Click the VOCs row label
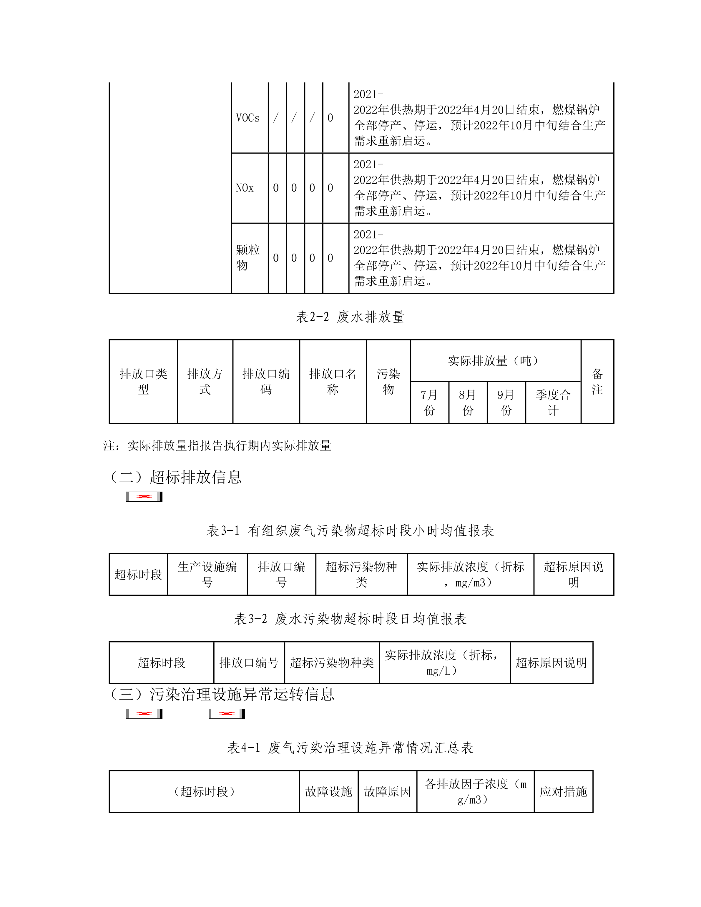[x=248, y=118]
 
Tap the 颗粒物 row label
[x=248, y=257]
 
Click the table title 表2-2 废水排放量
[x=350, y=317]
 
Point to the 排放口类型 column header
[x=143, y=381]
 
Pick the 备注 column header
[x=597, y=381]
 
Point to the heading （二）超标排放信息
[x=175, y=477]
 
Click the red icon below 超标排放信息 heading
[x=144, y=497]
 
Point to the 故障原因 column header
[x=387, y=792]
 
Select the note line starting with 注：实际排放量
[x=217, y=446]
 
